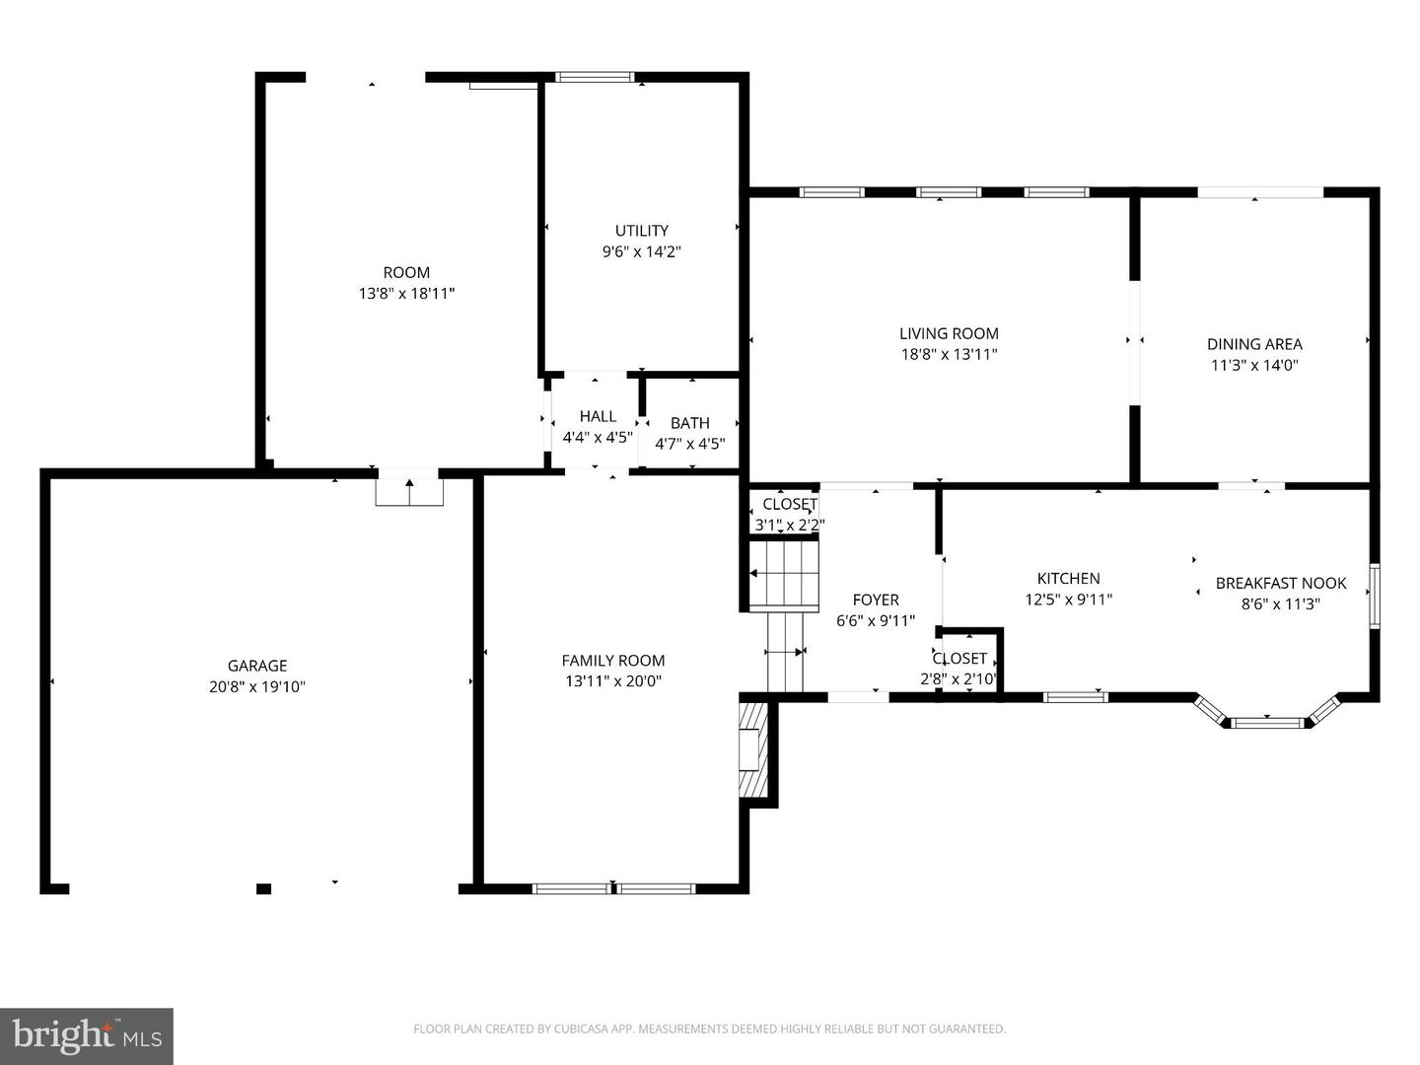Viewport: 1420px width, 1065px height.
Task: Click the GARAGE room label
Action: (x=257, y=666)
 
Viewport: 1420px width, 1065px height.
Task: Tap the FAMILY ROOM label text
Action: (x=612, y=661)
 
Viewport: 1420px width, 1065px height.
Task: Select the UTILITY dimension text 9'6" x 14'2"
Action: (x=642, y=251)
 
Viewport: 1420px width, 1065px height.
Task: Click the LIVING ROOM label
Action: (x=949, y=333)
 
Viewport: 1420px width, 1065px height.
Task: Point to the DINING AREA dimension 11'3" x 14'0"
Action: (x=1254, y=365)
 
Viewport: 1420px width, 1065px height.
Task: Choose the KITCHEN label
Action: (x=1068, y=578)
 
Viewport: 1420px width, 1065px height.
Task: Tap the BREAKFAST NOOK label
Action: (x=1280, y=583)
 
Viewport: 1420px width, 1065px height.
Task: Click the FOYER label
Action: (x=876, y=600)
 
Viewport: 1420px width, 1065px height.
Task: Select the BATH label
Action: (x=689, y=423)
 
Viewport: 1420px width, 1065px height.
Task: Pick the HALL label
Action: (x=598, y=416)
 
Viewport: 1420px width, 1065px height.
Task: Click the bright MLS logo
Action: (x=87, y=1035)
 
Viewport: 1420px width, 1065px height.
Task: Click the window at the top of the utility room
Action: (x=595, y=78)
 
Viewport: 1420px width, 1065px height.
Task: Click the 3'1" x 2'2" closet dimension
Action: (x=789, y=526)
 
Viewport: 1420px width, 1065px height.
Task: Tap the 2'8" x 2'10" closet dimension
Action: (x=958, y=679)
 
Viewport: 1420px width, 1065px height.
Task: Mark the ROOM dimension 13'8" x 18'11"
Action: (x=406, y=293)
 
